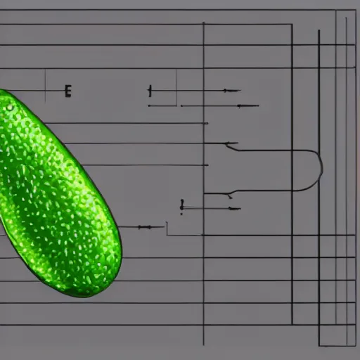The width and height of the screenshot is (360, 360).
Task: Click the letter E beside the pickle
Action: [67, 91]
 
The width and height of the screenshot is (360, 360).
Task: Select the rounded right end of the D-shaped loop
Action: [321, 169]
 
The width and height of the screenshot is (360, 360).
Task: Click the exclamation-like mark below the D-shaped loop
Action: [181, 205]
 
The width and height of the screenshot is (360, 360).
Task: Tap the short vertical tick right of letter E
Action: [150, 91]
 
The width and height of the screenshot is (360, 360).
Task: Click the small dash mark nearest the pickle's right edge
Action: [144, 227]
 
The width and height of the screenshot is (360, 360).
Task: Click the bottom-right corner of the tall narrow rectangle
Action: [347, 345]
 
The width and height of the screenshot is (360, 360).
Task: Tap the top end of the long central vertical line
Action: [203, 23]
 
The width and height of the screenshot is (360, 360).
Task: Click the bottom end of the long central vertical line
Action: [203, 345]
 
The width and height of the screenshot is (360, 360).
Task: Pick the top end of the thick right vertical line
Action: [319, 31]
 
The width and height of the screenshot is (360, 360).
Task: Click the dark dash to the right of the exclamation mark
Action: [232, 208]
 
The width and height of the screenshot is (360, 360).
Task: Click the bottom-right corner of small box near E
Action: [176, 105]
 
